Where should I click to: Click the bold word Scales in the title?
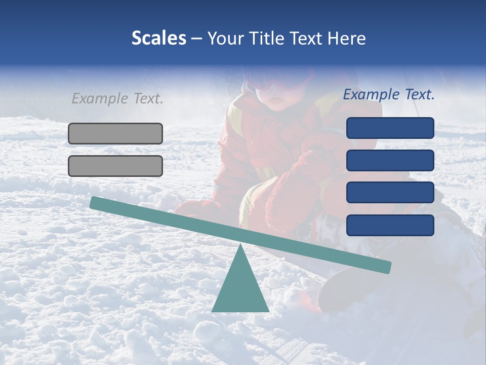coord(158,39)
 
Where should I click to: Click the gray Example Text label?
coord(117,98)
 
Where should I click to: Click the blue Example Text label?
coord(389,94)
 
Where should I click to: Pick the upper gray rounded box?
coord(115,133)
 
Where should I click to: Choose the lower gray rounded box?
coord(115,166)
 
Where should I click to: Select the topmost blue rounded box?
coord(390,128)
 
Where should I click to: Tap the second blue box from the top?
coord(390,160)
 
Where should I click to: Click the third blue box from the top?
coord(390,193)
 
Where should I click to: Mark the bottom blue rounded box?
coord(390,225)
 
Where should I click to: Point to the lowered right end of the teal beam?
coord(386,267)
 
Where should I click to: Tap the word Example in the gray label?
coord(101,98)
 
